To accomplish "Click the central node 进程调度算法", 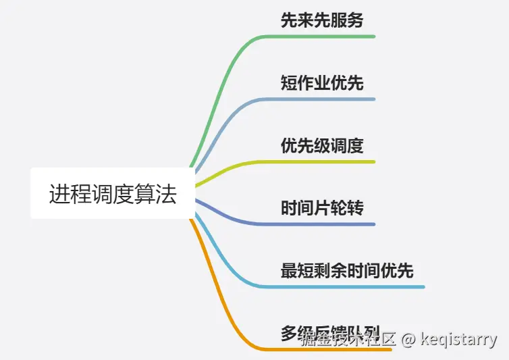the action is click(113, 194).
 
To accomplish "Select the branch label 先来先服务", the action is click(322, 20).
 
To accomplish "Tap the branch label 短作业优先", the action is click(322, 83).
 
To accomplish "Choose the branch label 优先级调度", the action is click(322, 146).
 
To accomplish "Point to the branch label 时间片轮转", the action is click(322, 208).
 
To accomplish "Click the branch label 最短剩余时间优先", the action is click(347, 272).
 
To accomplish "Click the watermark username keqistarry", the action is click(458, 339).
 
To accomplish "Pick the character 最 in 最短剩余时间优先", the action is click(289, 272).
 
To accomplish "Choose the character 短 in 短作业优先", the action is click(289, 83).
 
